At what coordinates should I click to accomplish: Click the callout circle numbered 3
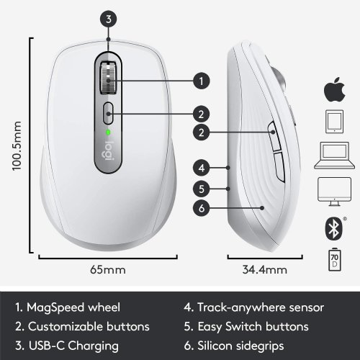pos(108,20)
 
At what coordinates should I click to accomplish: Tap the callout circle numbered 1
pos(202,80)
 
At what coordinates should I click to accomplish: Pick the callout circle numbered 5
pos(202,189)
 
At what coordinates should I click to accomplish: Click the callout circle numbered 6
pos(202,209)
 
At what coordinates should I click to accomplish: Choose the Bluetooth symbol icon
pos(330,227)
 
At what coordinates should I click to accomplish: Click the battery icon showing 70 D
pos(330,258)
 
